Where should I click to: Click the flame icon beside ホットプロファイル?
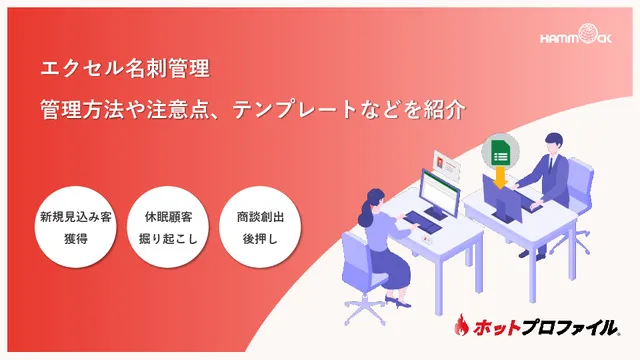pos(464,326)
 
